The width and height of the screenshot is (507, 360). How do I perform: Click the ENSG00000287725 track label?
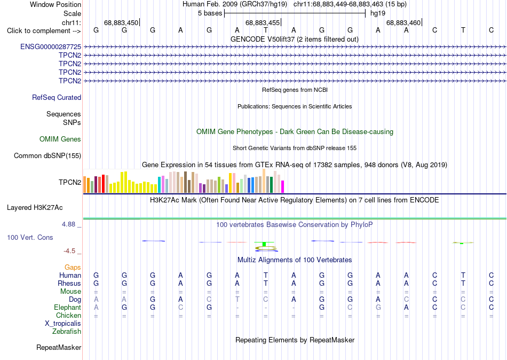51,46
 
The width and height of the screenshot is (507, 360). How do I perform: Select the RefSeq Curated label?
57,97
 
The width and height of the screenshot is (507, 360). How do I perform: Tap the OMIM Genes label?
60,139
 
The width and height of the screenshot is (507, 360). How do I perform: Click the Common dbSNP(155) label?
47,156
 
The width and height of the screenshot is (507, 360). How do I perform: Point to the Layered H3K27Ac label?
35,208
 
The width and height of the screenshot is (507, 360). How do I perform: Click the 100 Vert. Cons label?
30,237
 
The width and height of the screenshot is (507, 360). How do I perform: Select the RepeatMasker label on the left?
59,347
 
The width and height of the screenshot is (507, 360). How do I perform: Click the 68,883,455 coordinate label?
263,22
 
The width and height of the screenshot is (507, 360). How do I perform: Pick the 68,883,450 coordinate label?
121,22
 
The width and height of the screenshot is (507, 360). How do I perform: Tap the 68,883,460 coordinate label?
403,22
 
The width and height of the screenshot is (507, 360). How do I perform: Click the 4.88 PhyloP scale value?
68,224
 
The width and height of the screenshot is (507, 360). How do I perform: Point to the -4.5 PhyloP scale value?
69,251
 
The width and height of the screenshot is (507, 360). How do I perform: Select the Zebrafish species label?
67,331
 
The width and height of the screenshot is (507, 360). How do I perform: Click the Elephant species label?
68,307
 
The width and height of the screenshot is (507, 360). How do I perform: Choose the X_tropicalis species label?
63,324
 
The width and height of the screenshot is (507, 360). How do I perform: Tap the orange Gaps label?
73,267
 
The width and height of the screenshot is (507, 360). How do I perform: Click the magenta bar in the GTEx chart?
282,187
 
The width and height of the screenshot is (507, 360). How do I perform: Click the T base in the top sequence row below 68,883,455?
265,30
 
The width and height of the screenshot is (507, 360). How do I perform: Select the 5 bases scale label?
210,13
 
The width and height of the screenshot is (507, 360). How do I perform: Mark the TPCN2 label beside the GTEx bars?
70,182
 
